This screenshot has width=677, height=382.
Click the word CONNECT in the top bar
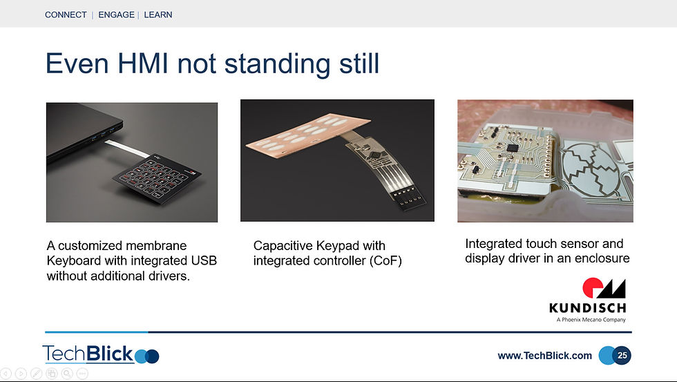pyautogui.click(x=66, y=15)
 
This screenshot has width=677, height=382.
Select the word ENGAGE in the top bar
pyautogui.click(x=116, y=15)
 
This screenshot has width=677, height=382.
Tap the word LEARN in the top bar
pyautogui.click(x=158, y=15)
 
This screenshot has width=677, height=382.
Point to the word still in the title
pyautogui.click(x=359, y=64)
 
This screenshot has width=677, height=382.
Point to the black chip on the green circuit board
pyautogui.click(x=513, y=148)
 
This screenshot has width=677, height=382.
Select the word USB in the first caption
pyautogui.click(x=204, y=260)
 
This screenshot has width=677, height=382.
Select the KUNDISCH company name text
pyautogui.click(x=588, y=308)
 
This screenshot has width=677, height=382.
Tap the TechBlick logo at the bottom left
pyautogui.click(x=101, y=354)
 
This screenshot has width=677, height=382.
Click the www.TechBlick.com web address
pyautogui.click(x=545, y=356)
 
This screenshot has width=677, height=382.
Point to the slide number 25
pyautogui.click(x=622, y=355)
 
